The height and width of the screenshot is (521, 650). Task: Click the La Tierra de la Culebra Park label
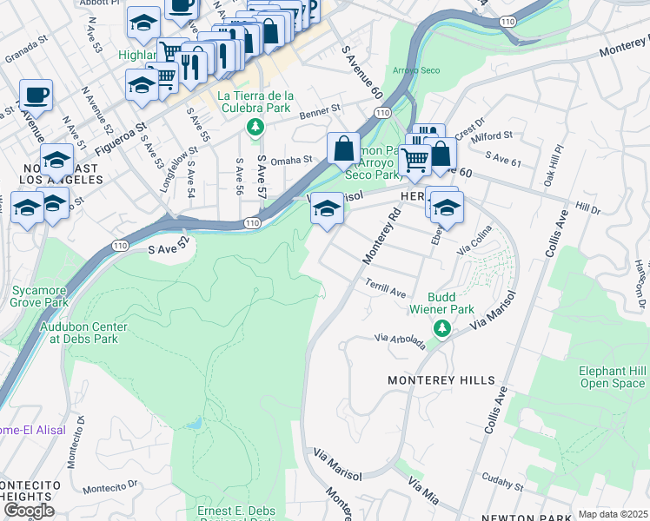point(255,102)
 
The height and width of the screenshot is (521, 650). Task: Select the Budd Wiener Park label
point(442,302)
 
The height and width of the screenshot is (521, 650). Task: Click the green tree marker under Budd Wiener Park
point(442,327)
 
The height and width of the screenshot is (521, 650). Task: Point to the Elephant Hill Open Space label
point(613,377)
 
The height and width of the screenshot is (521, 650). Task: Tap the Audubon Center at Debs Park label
point(83,333)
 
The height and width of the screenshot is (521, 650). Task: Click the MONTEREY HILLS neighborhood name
point(441,380)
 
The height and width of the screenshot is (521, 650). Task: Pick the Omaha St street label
point(291,160)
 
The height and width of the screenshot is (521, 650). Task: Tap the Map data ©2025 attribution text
point(613,514)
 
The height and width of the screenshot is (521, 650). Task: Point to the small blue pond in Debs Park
point(195,424)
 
